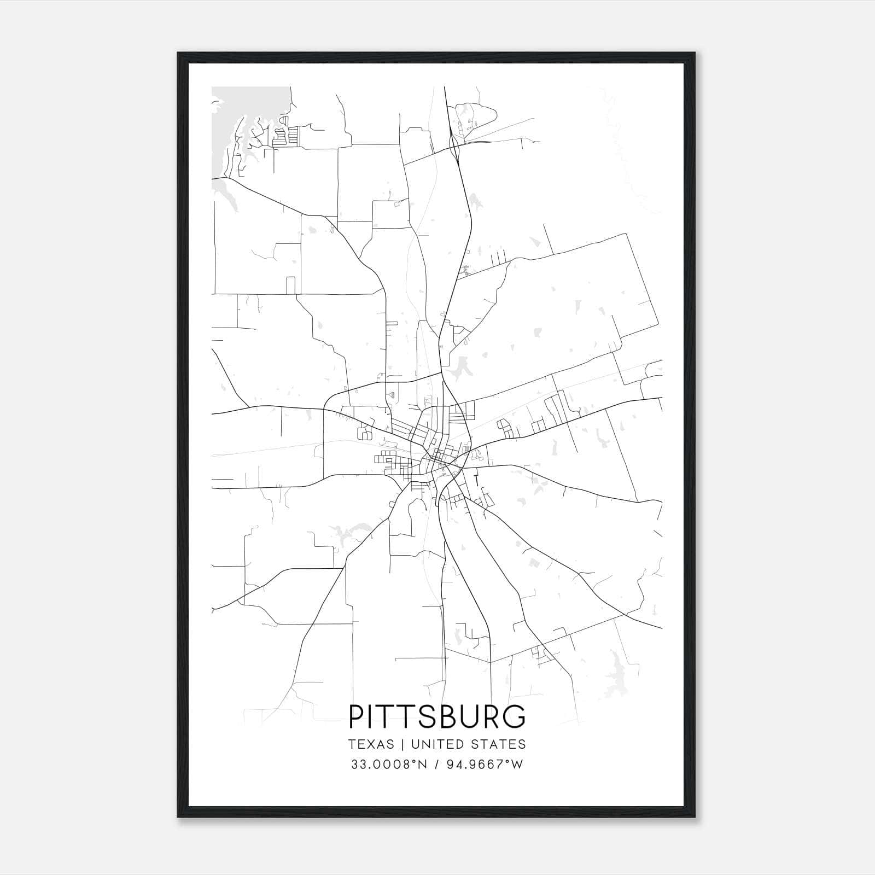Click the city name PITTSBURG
point(437,716)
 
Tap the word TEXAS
point(370,744)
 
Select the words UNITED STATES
point(468,744)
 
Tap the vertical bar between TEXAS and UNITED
point(402,744)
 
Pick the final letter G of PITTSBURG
point(515,716)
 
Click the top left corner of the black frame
point(178,54)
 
